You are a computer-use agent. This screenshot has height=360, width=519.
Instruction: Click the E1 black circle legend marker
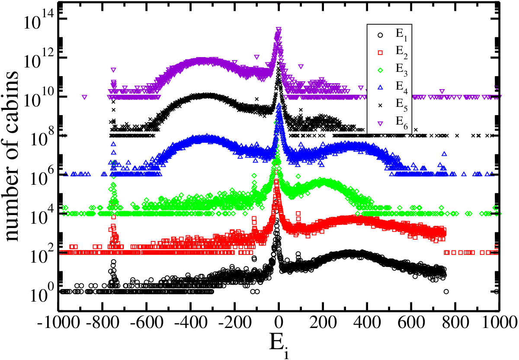[x=380, y=35]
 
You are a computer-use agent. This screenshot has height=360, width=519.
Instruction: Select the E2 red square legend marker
[x=380, y=53]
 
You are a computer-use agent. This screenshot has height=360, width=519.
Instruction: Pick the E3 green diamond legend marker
[x=380, y=70]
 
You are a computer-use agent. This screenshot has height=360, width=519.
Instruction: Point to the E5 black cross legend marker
[x=380, y=106]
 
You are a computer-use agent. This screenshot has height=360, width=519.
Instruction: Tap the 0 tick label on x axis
[x=279, y=322]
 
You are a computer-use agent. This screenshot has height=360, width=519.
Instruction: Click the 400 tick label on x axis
[x=367, y=322]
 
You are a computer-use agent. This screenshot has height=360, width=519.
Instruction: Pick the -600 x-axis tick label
[x=147, y=322]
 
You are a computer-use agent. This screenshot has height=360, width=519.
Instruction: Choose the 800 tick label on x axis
[x=455, y=322]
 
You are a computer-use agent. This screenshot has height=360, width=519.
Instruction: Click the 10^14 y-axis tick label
[x=38, y=21]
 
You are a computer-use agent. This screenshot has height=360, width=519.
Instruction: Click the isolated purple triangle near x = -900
[x=85, y=97]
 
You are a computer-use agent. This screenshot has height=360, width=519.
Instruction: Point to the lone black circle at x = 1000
[x=496, y=292]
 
